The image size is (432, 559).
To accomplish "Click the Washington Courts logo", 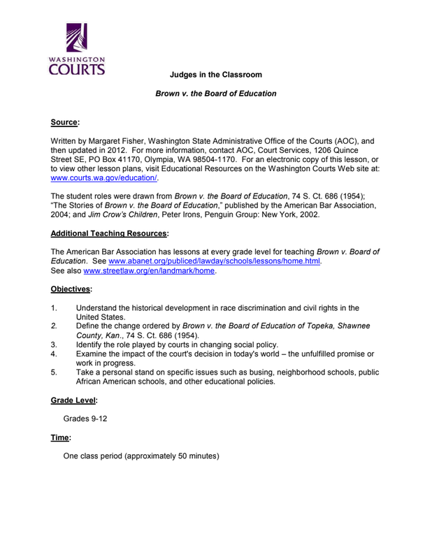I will tap(78, 49).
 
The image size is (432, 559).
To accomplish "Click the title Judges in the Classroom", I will tap(215, 75).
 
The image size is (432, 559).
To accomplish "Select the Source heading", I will tap(65, 122).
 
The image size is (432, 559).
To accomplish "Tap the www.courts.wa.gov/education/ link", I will tap(104, 178).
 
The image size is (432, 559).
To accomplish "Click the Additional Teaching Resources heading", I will tap(110, 233).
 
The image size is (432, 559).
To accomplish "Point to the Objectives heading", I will tap(71, 289).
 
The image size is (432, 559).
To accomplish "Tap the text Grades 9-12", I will tap(85, 419).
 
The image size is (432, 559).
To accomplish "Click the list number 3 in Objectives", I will tap(54, 344).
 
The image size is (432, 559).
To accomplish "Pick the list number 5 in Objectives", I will tap(54, 372).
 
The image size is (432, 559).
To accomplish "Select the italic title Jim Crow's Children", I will tap(123, 215).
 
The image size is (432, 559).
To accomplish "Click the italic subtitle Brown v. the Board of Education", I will tap(215, 94).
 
